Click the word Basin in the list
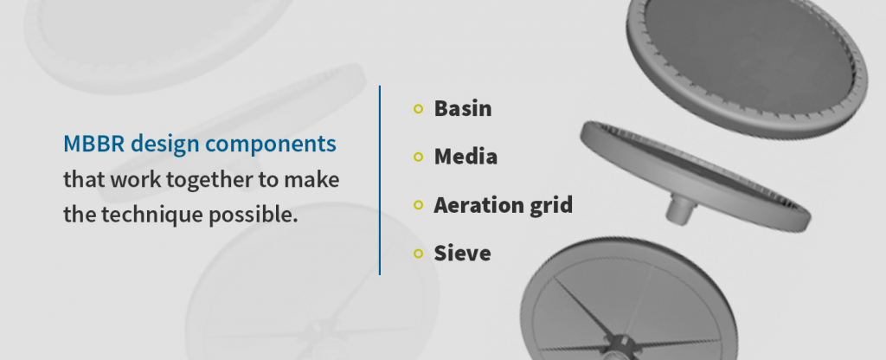coord(462,109)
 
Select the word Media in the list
coord(465,157)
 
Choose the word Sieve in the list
coord(462,253)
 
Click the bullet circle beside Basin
coord(419,109)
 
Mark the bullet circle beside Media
coord(419,157)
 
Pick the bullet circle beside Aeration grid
coord(419,205)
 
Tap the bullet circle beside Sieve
coord(419,253)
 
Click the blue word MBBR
coord(90,144)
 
